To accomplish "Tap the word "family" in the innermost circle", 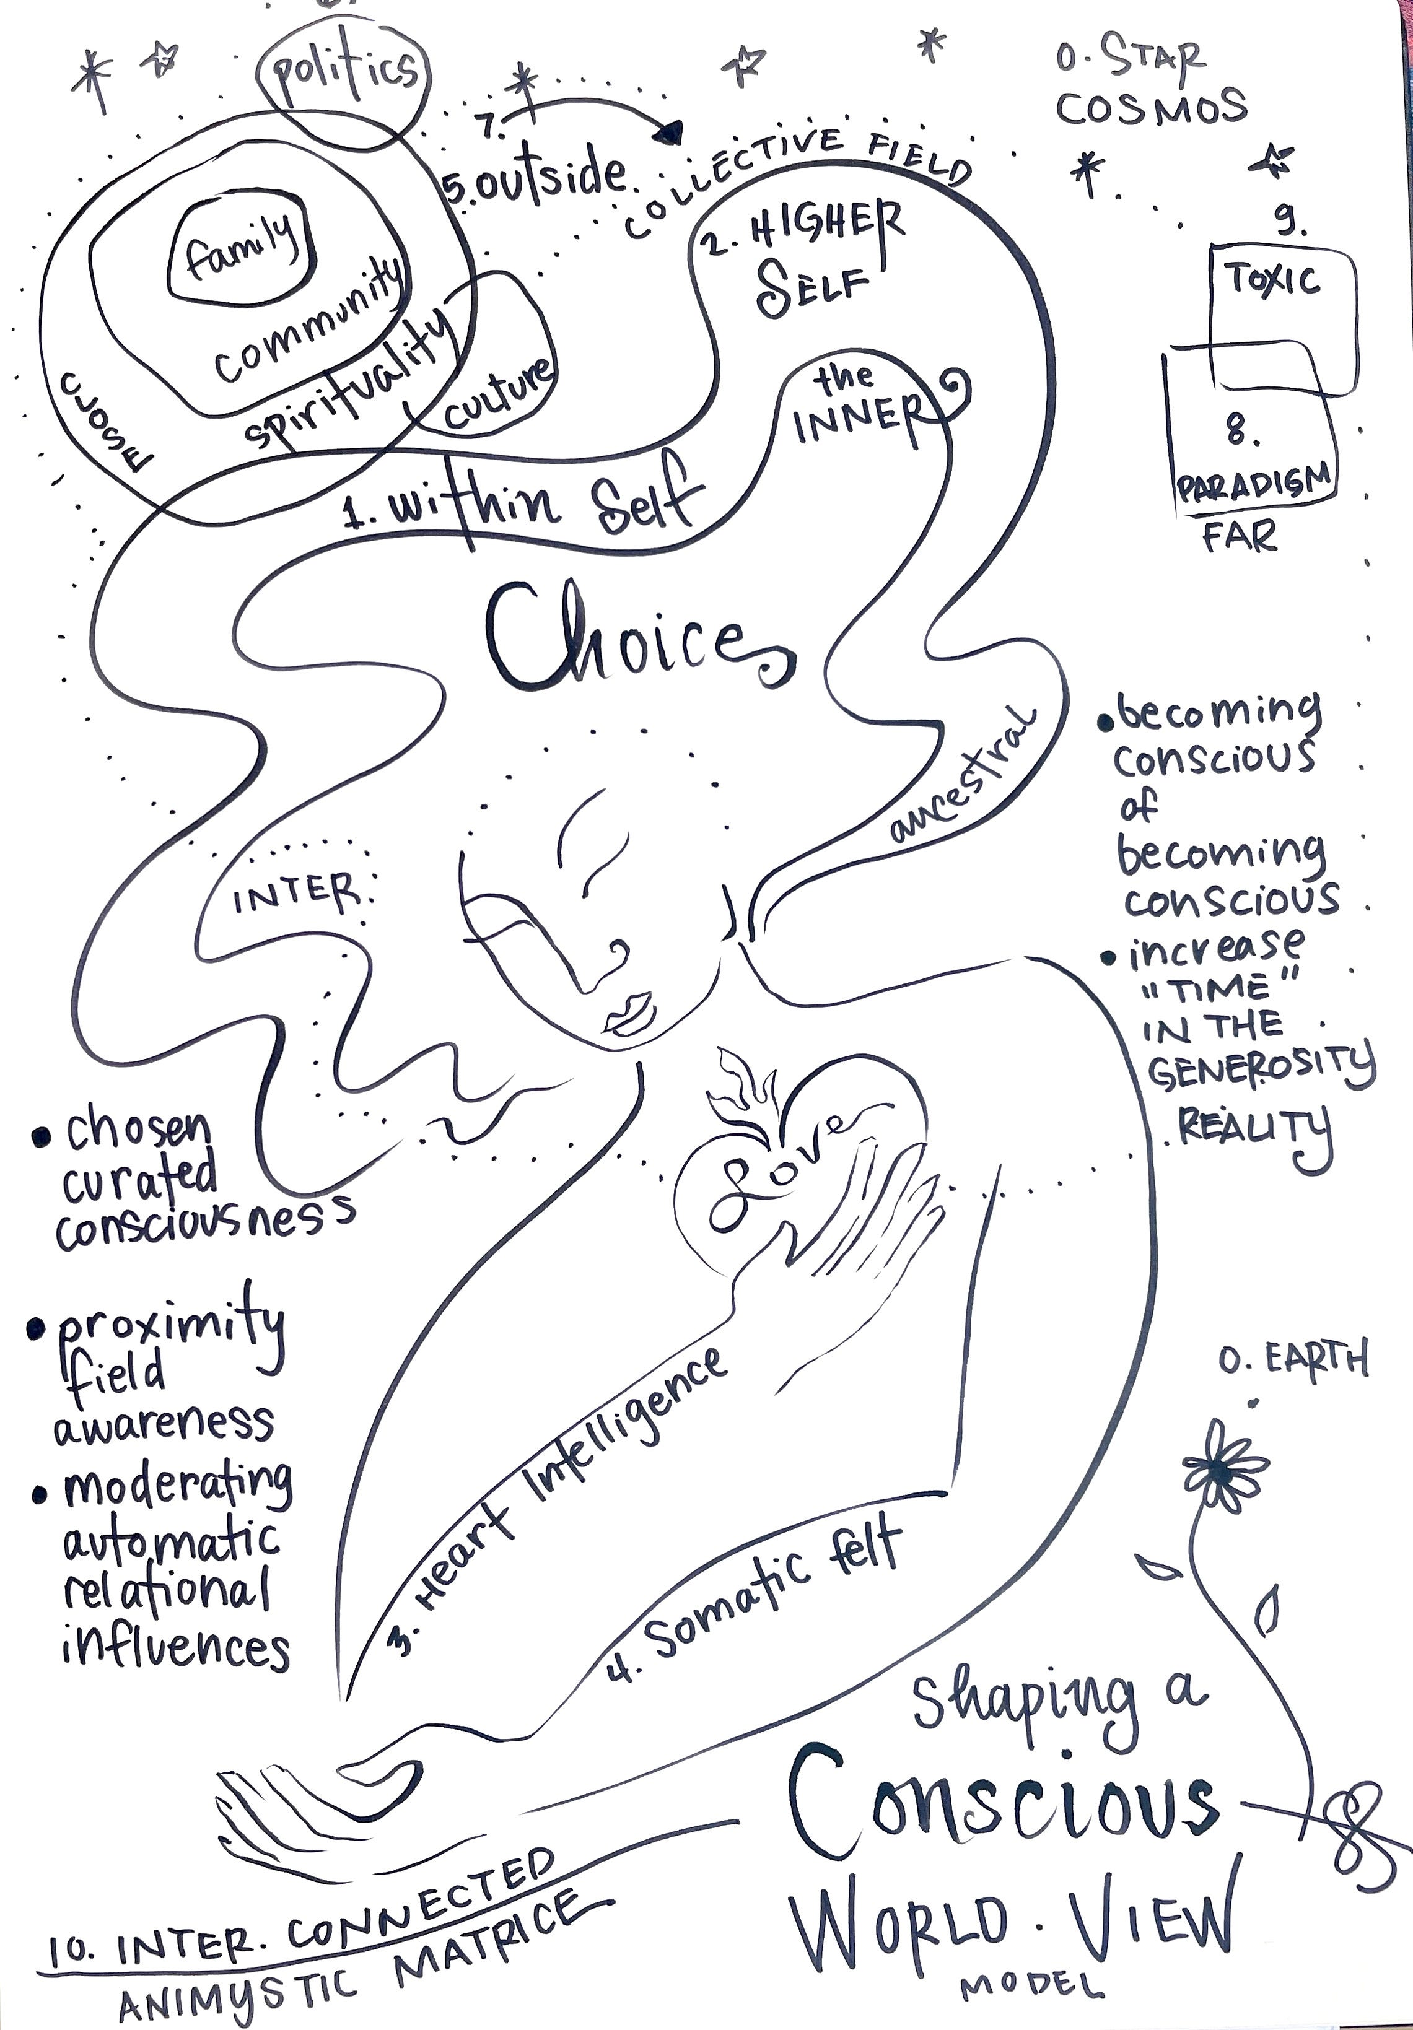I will [x=240, y=248].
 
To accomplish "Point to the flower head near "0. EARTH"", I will [x=1223, y=1470].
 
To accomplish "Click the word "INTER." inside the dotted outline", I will [x=296, y=897].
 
